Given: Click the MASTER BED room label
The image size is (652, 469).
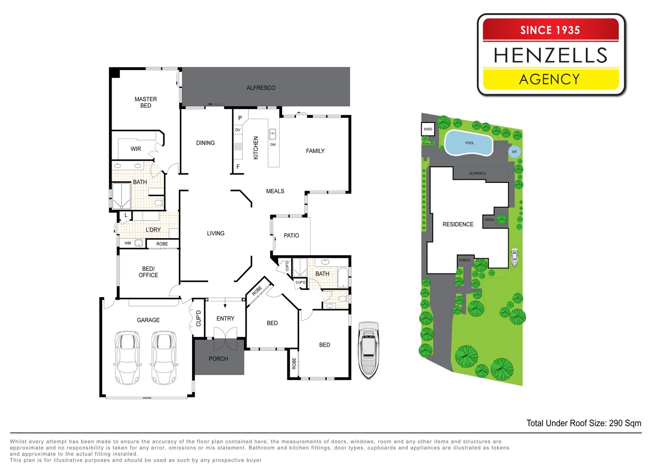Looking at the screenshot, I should click(x=146, y=102).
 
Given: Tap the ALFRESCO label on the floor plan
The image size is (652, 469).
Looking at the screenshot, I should click(x=261, y=88).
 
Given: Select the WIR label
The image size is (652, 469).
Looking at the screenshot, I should click(x=136, y=149).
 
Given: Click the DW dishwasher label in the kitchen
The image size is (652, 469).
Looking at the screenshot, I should click(x=273, y=145).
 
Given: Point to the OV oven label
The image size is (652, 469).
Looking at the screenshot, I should click(x=238, y=130).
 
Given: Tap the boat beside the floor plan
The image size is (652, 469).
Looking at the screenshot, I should click(x=368, y=350).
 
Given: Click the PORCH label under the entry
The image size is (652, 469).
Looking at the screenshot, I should click(x=218, y=359).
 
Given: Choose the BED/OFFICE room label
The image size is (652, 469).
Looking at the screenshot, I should click(x=148, y=272).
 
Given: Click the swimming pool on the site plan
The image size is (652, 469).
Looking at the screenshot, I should click(x=469, y=143).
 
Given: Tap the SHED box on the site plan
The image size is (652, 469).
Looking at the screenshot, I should click(x=428, y=129).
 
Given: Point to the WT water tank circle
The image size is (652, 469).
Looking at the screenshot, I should click(x=514, y=152).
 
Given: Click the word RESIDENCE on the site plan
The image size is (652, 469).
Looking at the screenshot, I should click(x=458, y=225).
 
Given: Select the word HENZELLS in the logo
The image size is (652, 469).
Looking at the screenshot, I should click(x=550, y=55).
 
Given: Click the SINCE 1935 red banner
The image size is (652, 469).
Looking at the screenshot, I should click(x=550, y=30).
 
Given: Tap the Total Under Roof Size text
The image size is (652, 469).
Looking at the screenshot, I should click(x=583, y=423).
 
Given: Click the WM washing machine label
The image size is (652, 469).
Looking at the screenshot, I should click(x=128, y=243).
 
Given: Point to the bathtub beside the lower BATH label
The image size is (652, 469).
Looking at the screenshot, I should click(x=343, y=277).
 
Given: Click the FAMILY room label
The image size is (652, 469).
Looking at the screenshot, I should click(x=315, y=151).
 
